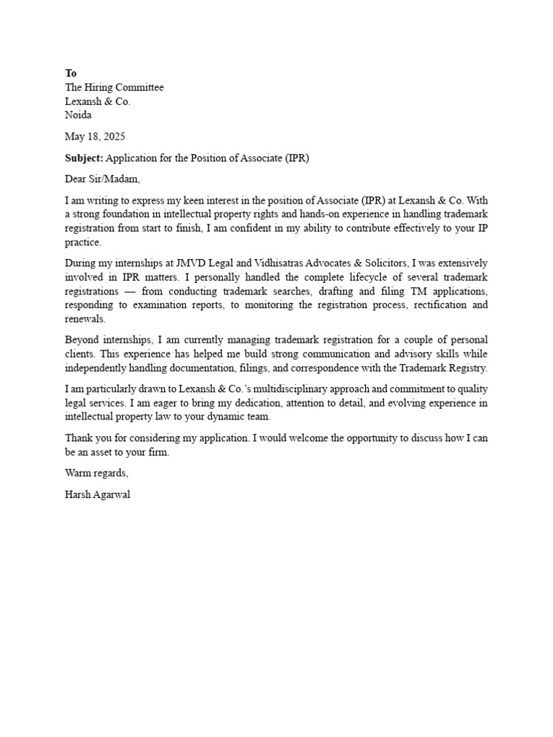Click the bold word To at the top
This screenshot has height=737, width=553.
click(x=71, y=73)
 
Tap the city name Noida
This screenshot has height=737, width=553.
click(x=78, y=114)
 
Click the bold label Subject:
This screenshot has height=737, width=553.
click(x=84, y=158)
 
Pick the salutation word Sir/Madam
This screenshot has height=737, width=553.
click(x=114, y=178)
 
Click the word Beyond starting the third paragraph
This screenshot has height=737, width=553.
click(x=82, y=340)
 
